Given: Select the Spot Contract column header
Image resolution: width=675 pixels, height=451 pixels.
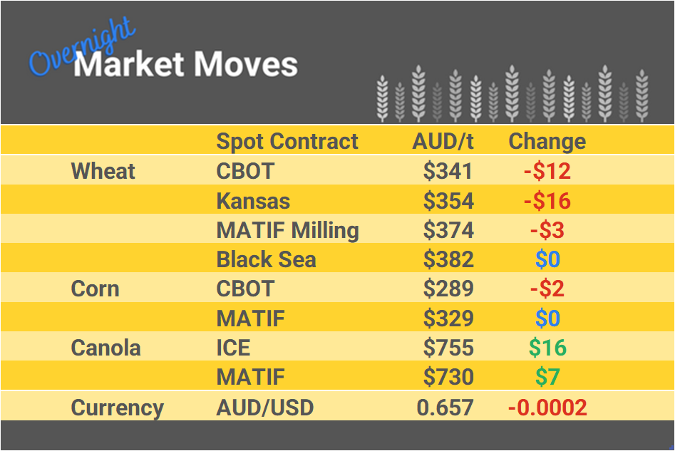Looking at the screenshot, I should pos(287,141).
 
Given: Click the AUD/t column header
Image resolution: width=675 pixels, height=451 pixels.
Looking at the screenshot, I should pos(443,141).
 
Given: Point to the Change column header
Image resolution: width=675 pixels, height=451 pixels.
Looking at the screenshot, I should pos(547,141).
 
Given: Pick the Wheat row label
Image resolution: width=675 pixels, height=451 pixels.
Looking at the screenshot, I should pos(103,171).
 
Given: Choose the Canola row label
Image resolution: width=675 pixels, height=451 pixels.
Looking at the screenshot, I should pos(105,348).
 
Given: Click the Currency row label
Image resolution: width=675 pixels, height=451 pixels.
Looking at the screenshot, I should pos(117,408).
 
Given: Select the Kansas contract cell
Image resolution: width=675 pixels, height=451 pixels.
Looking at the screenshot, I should pos(253,201).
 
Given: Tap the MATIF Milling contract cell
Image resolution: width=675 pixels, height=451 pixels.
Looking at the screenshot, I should pos(287,230).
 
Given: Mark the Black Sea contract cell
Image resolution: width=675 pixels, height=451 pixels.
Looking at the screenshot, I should pos(266,259).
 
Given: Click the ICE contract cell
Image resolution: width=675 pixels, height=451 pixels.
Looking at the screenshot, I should pos(233,348).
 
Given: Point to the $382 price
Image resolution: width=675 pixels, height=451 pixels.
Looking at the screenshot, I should pos(448,259).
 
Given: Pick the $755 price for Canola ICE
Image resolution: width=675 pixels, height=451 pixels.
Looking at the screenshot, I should pos(448,348).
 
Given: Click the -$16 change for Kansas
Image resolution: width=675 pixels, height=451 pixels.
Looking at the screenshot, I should pos(547,201).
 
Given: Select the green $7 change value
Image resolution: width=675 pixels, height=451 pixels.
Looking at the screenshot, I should pos(547,377).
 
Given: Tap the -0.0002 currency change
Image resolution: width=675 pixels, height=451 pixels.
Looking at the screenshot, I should pos(547,408).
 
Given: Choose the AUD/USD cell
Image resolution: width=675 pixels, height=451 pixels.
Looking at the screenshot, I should pos(264,408).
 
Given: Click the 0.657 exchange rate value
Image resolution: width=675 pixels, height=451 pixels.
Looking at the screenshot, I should pos(446,408).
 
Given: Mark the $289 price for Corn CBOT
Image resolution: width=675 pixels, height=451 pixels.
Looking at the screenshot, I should pos(448,289).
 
